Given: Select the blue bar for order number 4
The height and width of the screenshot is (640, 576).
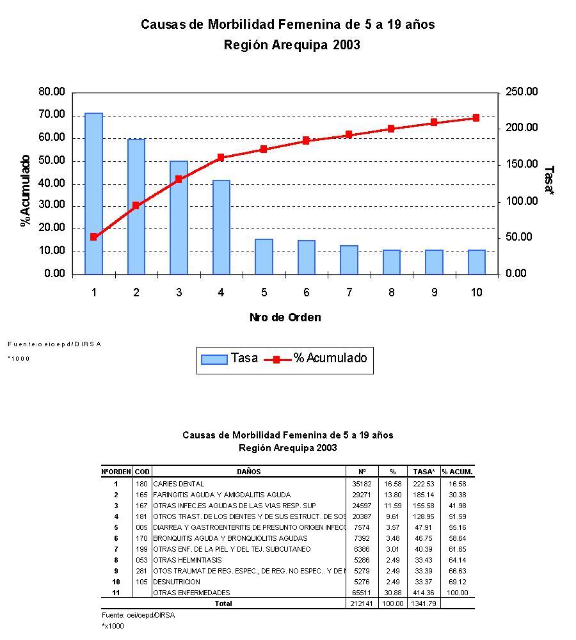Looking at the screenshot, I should pyautogui.click(x=221, y=227).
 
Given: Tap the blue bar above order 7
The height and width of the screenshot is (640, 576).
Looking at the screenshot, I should pyautogui.click(x=349, y=260).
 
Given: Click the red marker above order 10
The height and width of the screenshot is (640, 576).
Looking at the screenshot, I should pyautogui.click(x=476, y=118).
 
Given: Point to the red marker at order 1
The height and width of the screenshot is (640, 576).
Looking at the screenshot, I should pyautogui.click(x=93, y=237).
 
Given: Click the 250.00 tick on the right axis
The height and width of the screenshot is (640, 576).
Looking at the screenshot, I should pyautogui.click(x=522, y=92).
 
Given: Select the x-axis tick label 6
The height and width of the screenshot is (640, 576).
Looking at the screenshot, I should pyautogui.click(x=307, y=292).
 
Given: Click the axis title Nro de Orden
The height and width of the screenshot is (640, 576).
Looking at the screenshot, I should pyautogui.click(x=285, y=317).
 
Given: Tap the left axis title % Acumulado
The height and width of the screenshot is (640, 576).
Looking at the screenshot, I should pyautogui.click(x=26, y=190).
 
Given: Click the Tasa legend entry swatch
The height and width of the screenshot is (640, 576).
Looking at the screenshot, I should pyautogui.click(x=214, y=359).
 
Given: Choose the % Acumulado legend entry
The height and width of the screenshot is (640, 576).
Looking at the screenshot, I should pyautogui.click(x=330, y=358).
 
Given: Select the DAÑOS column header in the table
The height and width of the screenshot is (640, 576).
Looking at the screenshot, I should pyautogui.click(x=249, y=472).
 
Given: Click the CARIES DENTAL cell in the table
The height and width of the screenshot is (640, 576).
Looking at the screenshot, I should pyautogui.click(x=179, y=484).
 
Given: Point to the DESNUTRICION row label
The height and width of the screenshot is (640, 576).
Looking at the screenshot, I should pyautogui.click(x=177, y=582).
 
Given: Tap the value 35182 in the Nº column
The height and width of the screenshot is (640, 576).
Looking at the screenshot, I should pyautogui.click(x=362, y=484).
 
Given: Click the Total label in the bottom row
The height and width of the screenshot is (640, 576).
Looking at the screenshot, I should pyautogui.click(x=223, y=604).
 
